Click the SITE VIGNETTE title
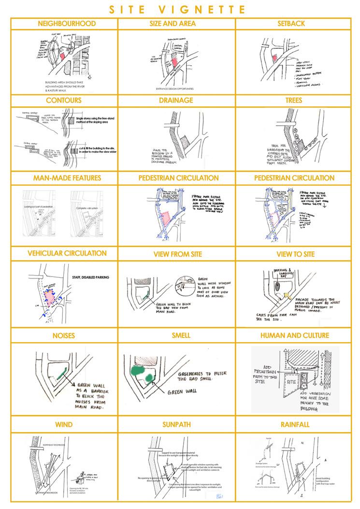click(x=180, y=9)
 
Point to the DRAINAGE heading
click(x=180, y=101)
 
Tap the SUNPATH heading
click(x=180, y=424)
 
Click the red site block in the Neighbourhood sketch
click(x=62, y=55)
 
